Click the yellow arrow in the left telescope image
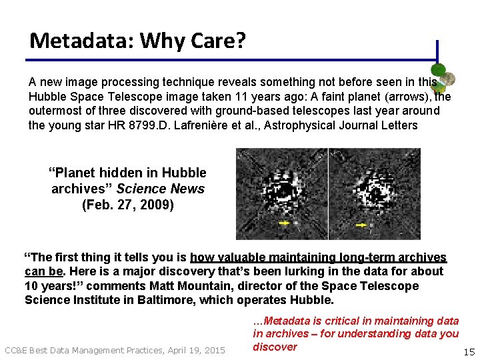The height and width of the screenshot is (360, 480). click(x=284, y=223)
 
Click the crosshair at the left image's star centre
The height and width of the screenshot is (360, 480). click(x=284, y=191)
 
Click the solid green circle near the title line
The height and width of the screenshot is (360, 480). click(x=438, y=71)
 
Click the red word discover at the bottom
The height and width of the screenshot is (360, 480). click(x=275, y=347)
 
